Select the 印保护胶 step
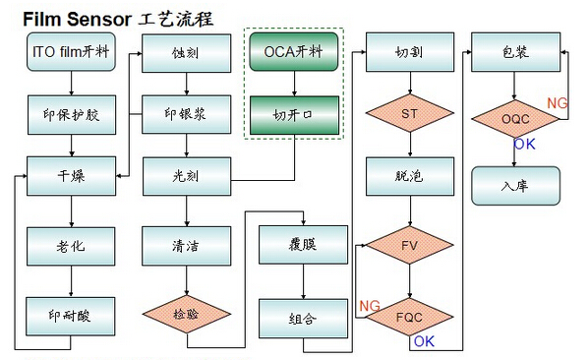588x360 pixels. point(71,114)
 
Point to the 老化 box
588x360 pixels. point(71,241)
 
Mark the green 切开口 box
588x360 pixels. point(295,114)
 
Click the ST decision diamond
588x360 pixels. point(409,114)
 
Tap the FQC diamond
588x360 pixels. point(409,316)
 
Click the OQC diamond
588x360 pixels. point(515,119)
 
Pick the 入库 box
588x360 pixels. point(515,184)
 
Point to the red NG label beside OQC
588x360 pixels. point(557,102)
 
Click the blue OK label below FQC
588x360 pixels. point(424,341)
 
